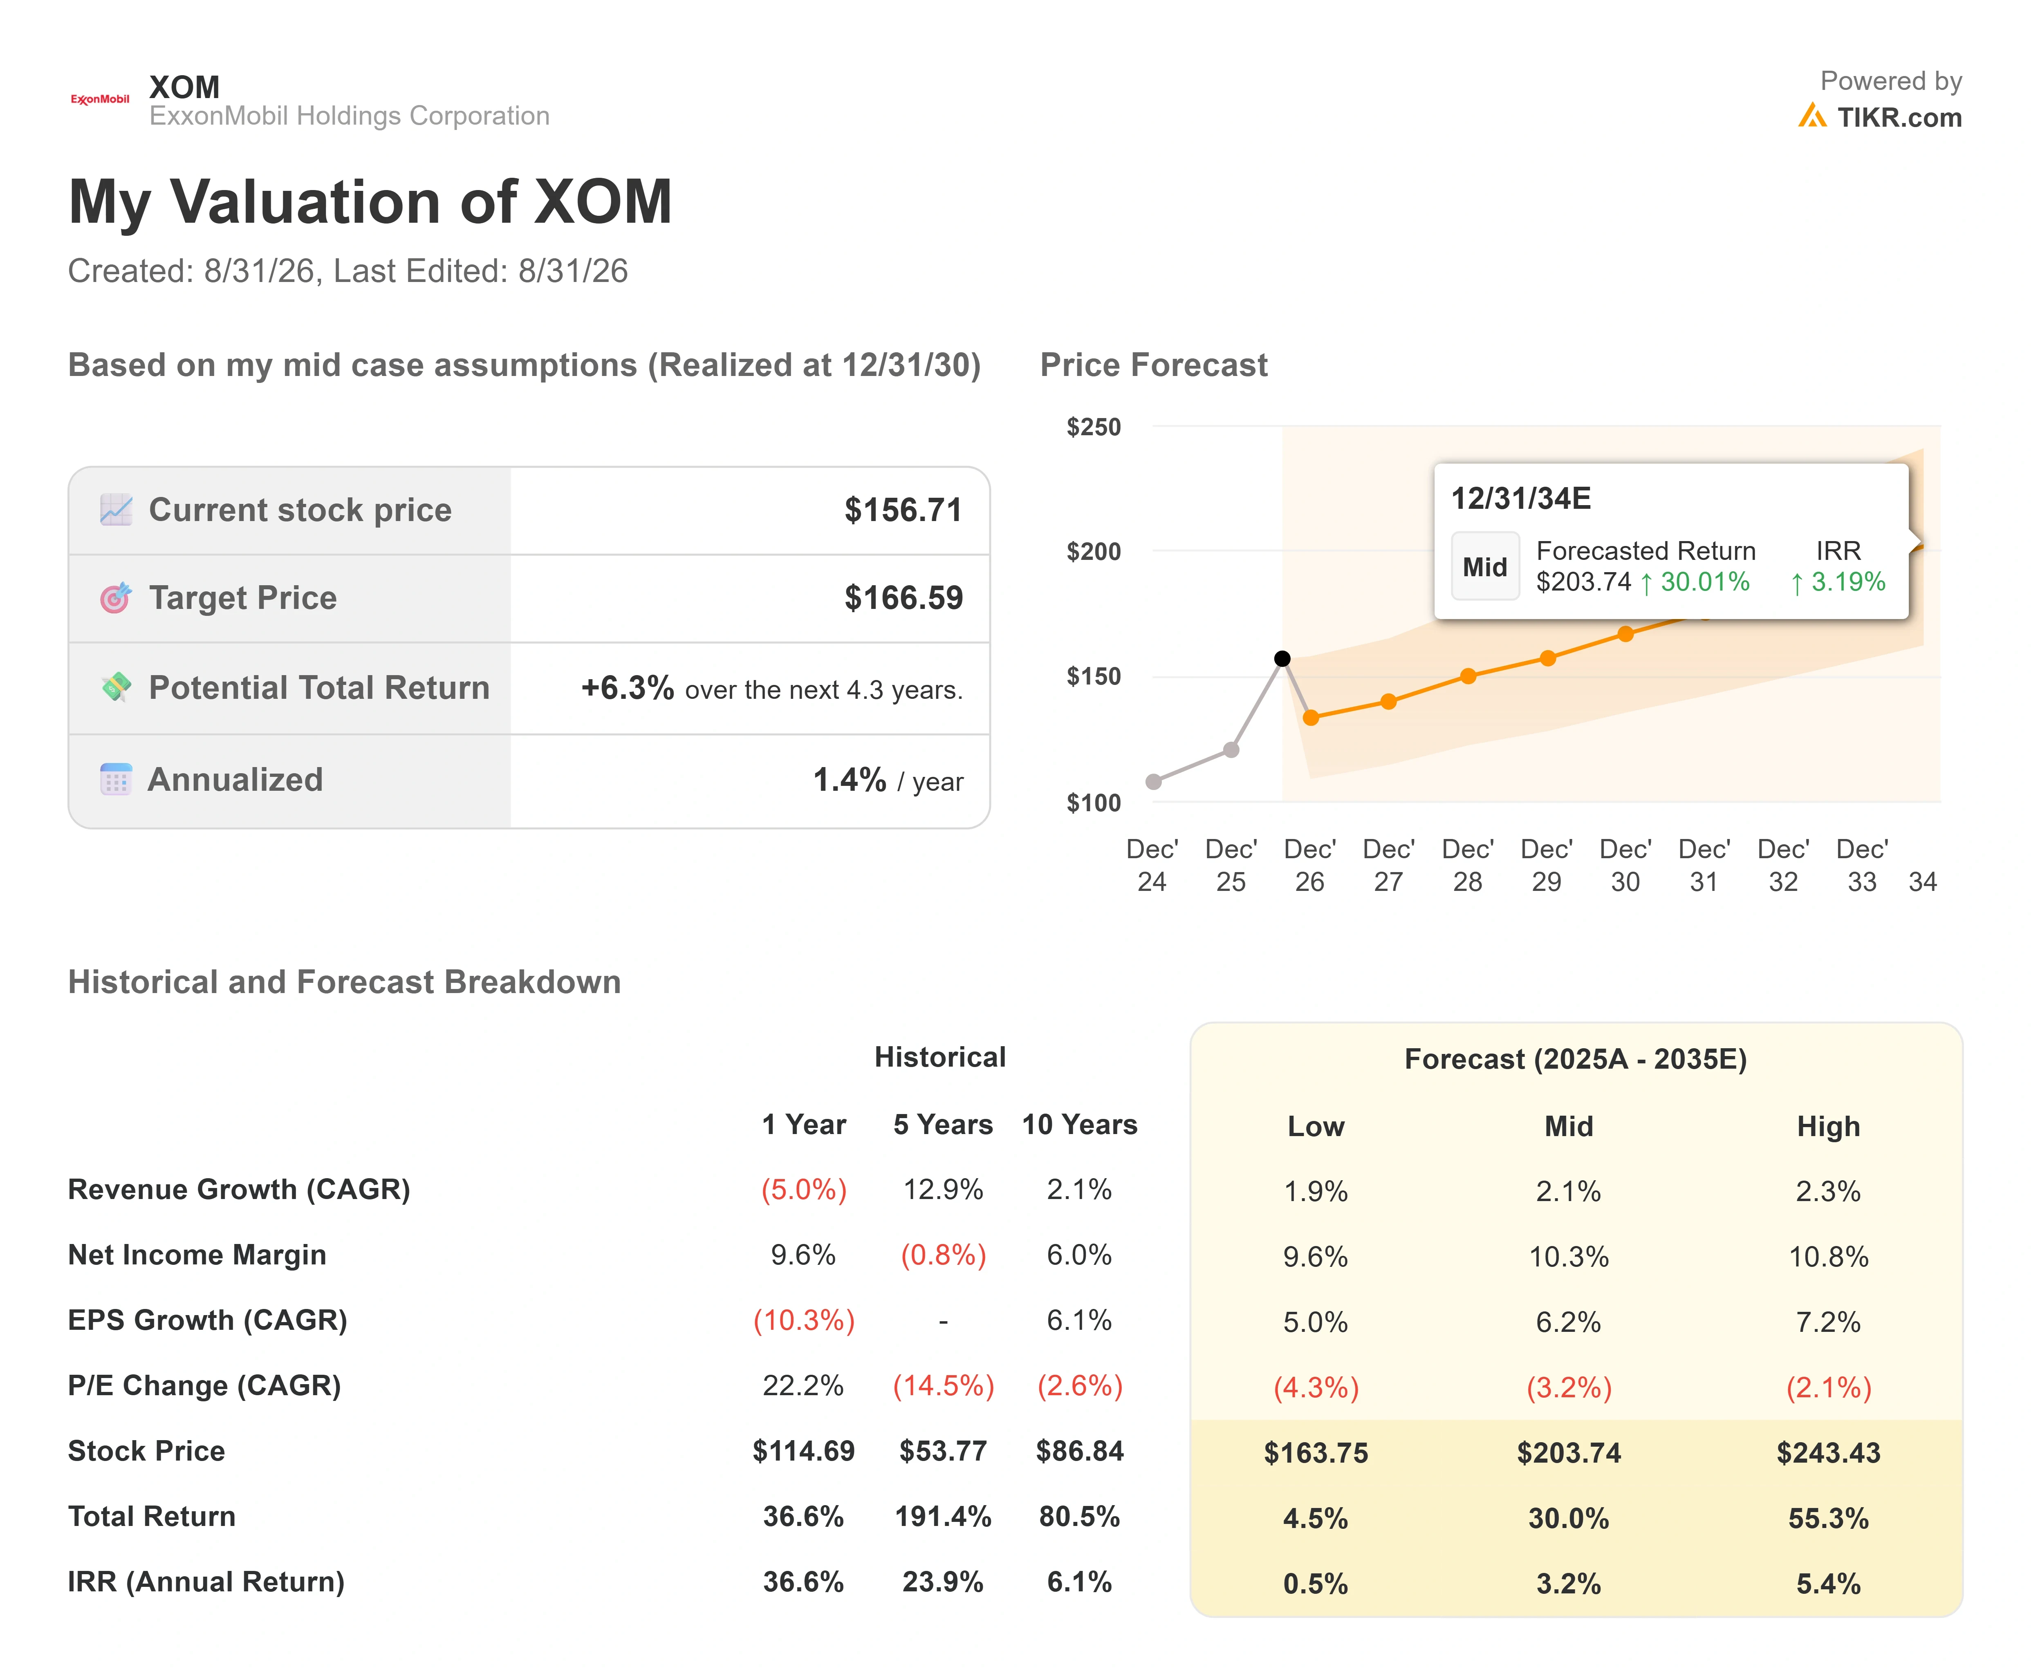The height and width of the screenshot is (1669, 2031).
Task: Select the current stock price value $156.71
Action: (x=903, y=510)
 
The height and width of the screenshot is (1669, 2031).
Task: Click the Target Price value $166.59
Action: (x=903, y=598)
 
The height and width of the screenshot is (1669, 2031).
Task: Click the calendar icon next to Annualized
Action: (x=115, y=779)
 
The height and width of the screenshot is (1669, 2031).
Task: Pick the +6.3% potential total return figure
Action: (x=627, y=688)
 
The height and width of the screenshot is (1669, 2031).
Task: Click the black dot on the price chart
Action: (x=1282, y=658)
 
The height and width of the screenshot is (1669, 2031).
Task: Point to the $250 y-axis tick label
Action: (x=1094, y=427)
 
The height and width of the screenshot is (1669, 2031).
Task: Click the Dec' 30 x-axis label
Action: (x=1625, y=865)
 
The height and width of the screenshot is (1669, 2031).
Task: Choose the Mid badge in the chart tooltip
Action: (x=1485, y=566)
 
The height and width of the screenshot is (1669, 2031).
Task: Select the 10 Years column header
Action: (x=1079, y=1125)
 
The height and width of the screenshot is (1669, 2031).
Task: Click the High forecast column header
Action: (x=1828, y=1127)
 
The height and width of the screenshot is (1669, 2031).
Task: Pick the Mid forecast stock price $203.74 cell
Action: (x=1569, y=1453)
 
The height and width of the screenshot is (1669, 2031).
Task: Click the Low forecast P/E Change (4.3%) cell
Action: (x=1316, y=1387)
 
